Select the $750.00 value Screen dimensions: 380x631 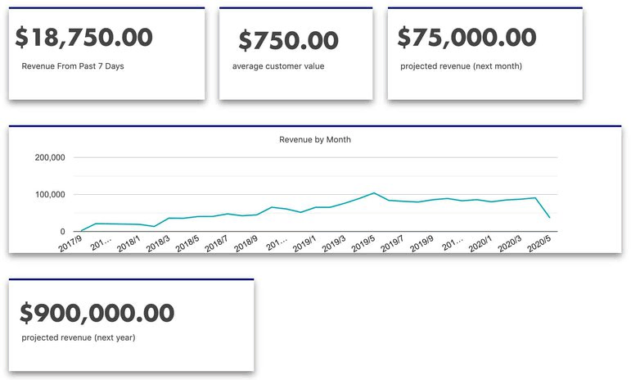[288, 40]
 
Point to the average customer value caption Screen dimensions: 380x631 [278, 66]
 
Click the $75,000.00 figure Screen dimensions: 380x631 [467, 38]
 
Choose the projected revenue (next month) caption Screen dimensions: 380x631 [460, 66]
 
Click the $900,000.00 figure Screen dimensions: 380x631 [97, 312]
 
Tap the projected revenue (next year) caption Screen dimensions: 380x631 [79, 337]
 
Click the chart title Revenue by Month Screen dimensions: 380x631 [315, 140]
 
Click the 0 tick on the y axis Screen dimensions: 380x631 [63, 232]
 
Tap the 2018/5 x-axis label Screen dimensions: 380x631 [187, 244]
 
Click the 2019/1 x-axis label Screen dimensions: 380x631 [304, 244]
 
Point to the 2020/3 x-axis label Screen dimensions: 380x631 [510, 244]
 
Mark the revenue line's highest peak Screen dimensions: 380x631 [374, 193]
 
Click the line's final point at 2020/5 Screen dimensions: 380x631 [549, 218]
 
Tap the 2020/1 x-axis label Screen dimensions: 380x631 [480, 244]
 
